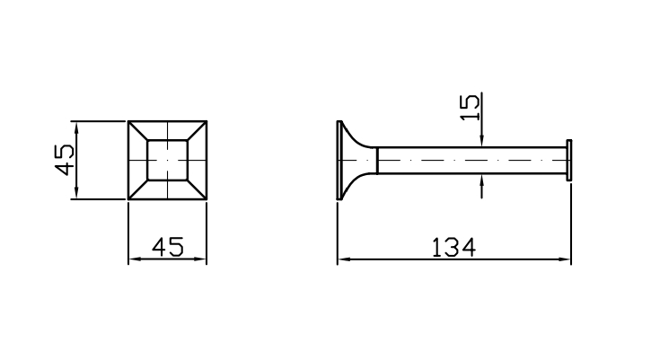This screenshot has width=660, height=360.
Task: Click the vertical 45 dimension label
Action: (x=65, y=160)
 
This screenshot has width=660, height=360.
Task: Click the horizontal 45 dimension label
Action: (x=168, y=247)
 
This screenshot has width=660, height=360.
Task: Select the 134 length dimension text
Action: (x=453, y=247)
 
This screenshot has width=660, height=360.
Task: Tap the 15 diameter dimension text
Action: (x=471, y=107)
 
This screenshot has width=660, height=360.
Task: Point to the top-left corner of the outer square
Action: (x=128, y=121)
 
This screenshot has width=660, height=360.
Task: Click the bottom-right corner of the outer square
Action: (x=207, y=199)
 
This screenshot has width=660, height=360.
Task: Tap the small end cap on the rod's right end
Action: (x=568, y=160)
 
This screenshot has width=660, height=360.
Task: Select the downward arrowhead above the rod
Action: (x=481, y=142)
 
